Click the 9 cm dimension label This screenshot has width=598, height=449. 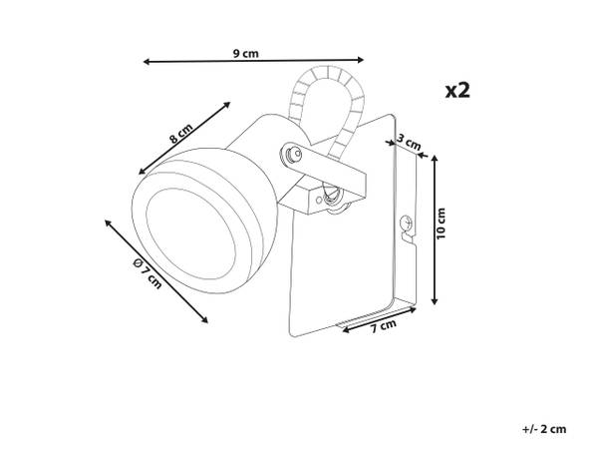(x=245, y=54)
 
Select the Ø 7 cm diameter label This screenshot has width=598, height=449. (x=148, y=273)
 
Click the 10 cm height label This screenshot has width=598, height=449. (x=441, y=224)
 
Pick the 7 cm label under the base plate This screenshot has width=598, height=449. (x=384, y=325)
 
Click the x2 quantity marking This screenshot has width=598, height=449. (x=457, y=91)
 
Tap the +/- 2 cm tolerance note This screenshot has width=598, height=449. (x=544, y=429)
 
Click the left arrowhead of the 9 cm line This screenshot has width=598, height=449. (x=147, y=62)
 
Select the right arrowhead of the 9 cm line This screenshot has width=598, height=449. (x=361, y=59)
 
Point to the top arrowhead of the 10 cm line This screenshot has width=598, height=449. (x=434, y=158)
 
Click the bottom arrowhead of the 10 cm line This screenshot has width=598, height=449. (x=434, y=301)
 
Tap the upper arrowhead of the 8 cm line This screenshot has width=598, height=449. (x=227, y=104)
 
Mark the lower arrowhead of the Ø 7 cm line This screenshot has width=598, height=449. (x=205, y=320)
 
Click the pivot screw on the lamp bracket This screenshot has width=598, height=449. (x=294, y=155)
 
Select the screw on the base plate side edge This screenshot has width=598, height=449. (x=406, y=223)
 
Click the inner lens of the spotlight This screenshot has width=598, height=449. (x=190, y=233)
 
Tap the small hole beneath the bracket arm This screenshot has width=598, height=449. (x=319, y=200)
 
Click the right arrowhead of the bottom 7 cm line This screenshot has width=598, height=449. (x=413, y=310)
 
